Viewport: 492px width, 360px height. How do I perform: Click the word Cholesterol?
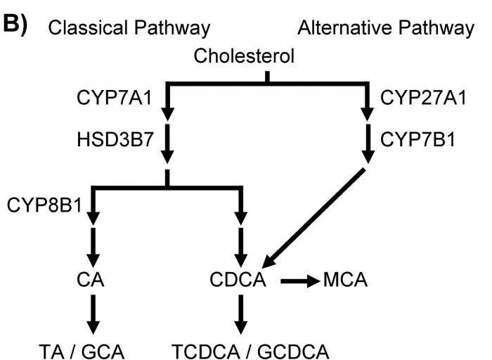tap(244, 56)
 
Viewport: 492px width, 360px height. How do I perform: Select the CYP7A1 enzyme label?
tap(114, 98)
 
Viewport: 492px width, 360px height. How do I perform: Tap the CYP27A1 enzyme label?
tap(423, 97)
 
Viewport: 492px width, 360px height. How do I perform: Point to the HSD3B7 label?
tap(115, 139)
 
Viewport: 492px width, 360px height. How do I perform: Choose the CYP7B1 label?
tap(417, 139)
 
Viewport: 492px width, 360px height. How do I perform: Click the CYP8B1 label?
tap(44, 205)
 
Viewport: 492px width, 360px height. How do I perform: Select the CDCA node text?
tap(238, 279)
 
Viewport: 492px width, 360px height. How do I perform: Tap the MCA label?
tap(345, 279)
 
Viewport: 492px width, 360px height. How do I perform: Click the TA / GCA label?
tap(82, 352)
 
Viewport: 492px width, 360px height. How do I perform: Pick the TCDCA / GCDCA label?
tap(250, 352)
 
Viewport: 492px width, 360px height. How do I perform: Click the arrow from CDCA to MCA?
tap(300, 281)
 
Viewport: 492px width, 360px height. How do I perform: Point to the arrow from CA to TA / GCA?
tap(93, 314)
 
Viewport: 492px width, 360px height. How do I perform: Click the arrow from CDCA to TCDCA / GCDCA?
tap(240, 314)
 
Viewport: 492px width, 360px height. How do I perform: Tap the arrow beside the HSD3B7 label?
tap(167, 143)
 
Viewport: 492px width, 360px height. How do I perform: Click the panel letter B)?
tap(15, 25)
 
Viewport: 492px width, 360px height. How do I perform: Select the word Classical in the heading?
tap(89, 27)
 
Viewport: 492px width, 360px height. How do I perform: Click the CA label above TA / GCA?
tap(91, 279)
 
